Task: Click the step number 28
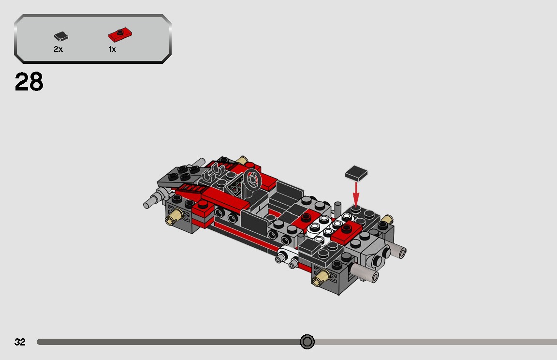tap(29, 82)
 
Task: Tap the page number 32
tap(20, 342)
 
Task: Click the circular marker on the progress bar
tap(307, 342)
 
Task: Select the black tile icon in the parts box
tap(60, 36)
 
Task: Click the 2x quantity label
tap(58, 49)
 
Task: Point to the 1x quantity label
tap(112, 49)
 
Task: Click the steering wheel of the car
tap(252, 180)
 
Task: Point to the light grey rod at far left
tap(152, 201)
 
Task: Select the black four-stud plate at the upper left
tap(186, 173)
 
